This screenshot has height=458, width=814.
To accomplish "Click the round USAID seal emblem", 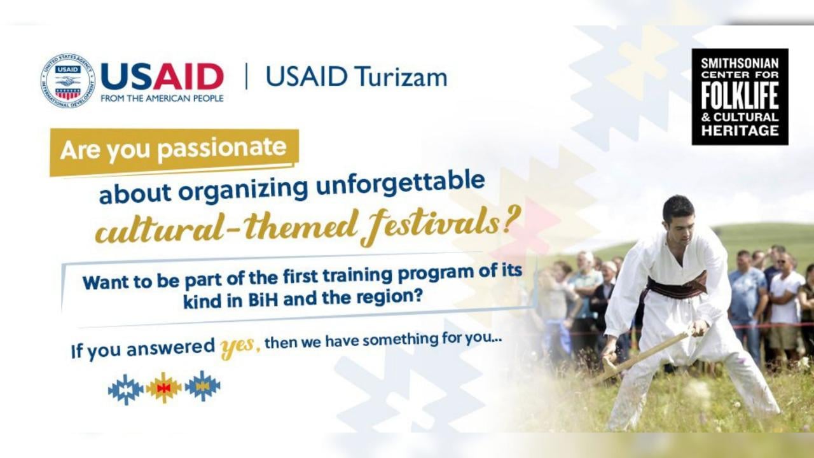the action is (x=67, y=81).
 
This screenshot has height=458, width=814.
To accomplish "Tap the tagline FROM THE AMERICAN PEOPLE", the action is (x=162, y=99).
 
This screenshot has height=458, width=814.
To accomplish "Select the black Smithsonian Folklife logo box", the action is (x=740, y=97).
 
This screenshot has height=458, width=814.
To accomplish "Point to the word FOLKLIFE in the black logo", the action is (x=740, y=95).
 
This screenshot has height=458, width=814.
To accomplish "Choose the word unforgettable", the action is (x=401, y=185).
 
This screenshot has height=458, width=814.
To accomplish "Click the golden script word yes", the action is (x=238, y=347).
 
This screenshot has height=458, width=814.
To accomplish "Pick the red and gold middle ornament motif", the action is (x=164, y=388).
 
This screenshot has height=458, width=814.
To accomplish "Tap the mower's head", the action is (x=678, y=217).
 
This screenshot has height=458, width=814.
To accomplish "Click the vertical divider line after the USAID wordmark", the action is (x=247, y=76).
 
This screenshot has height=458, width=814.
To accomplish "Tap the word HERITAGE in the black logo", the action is (x=740, y=130).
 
